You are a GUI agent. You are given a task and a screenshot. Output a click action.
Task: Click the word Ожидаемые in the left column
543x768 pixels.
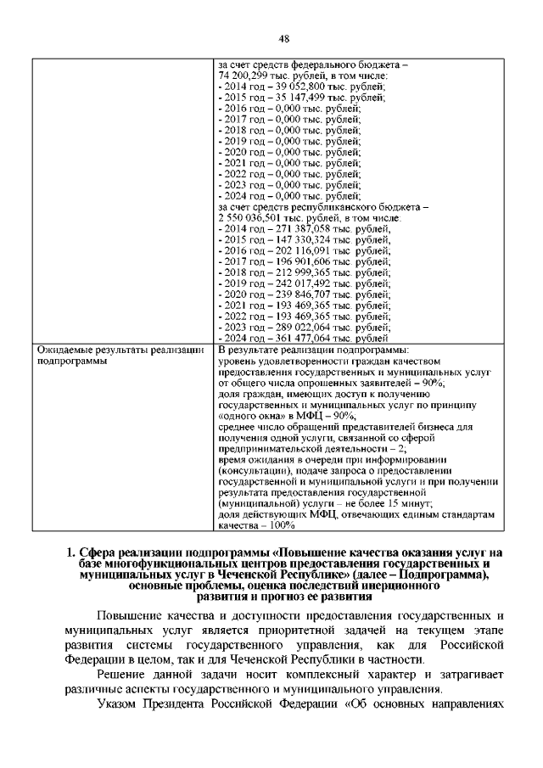coord(64,350)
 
